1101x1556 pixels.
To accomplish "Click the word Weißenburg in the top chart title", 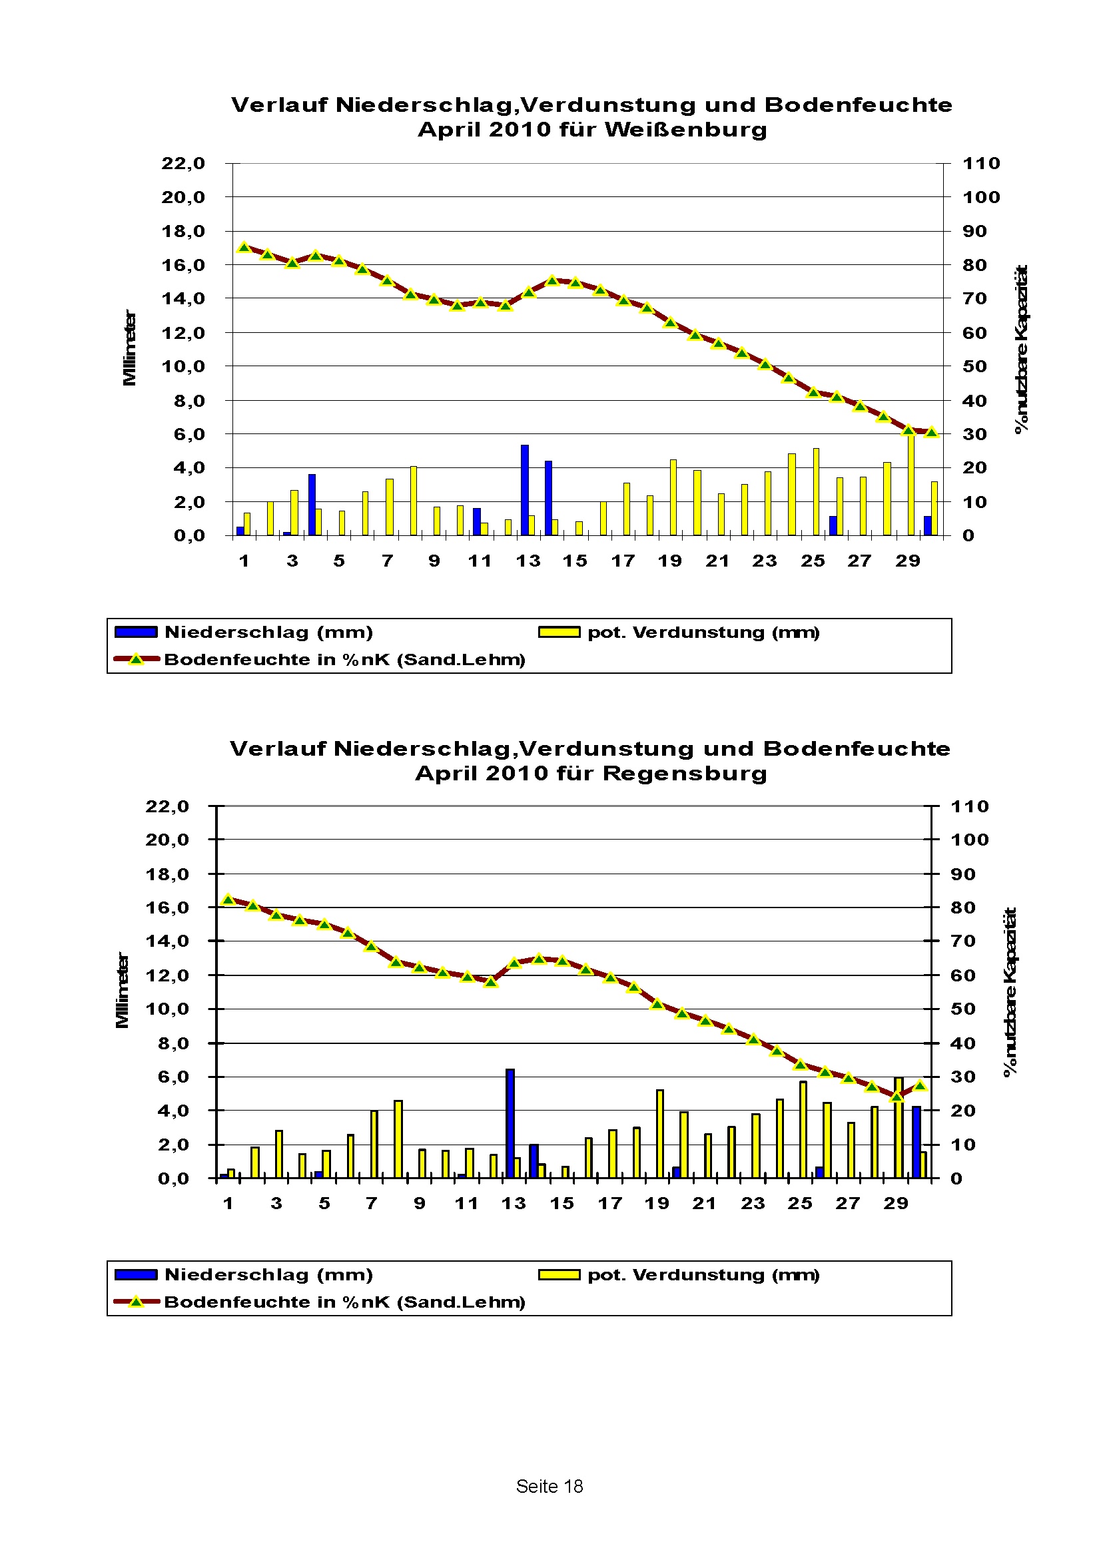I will coord(685,129).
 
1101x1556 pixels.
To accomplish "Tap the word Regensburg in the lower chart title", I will coord(685,773).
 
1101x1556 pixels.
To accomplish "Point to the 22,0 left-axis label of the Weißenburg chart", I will coord(183,163).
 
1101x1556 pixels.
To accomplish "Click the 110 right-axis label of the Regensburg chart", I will coord(970,806).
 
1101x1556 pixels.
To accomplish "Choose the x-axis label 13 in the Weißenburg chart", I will coord(528,561).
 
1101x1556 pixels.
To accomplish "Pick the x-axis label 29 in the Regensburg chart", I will coord(895,1204).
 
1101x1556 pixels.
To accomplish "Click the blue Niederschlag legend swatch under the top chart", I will coord(136,633).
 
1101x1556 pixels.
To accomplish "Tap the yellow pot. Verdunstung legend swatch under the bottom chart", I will coord(559,1275).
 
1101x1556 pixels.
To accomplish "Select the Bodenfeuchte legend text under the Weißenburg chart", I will coord(344,660).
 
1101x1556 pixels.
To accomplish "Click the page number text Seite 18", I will coord(549,1486).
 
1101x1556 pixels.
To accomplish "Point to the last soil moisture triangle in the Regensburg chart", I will coord(920,1086).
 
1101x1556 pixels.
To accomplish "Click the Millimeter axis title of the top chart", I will coord(129,348).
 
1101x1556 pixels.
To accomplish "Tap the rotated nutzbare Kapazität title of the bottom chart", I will coord(1010,992).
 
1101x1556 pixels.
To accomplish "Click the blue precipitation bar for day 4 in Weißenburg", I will coord(312,504).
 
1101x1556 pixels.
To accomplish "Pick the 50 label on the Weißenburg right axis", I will coord(974,367).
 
